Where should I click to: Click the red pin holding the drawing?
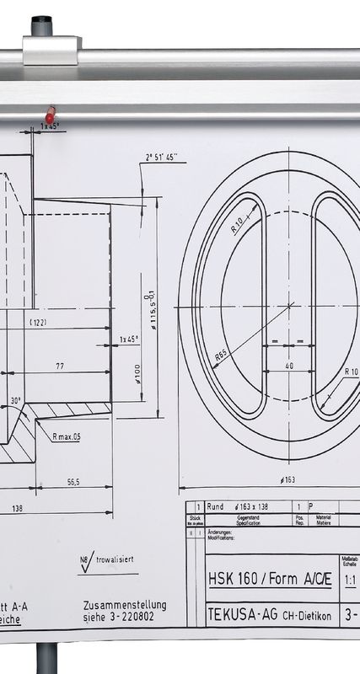pyautogui.click(x=51, y=114)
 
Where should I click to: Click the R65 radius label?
pyautogui.click(x=222, y=356)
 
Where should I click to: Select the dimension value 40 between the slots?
pyautogui.click(x=288, y=366)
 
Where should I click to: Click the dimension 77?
pyautogui.click(x=60, y=366)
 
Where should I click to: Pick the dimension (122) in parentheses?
pyautogui.click(x=38, y=323)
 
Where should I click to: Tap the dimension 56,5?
pyautogui.click(x=73, y=482)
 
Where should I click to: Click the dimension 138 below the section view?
pyautogui.click(x=16, y=508)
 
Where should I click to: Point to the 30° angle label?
pyautogui.click(x=16, y=400)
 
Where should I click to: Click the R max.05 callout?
pyautogui.click(x=66, y=436)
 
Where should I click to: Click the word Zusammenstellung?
pyautogui.click(x=125, y=605)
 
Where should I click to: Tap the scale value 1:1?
pyautogui.click(x=350, y=581)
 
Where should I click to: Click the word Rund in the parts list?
pyautogui.click(x=215, y=507)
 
